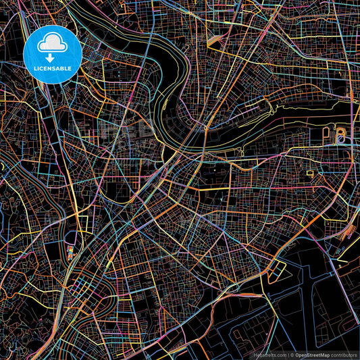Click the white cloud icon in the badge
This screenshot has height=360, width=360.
coord(52,44)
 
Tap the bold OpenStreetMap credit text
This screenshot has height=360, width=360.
coord(313,354)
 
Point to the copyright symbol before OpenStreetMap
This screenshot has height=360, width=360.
coord(292,354)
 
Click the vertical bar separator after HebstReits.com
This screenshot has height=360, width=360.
coord(288,354)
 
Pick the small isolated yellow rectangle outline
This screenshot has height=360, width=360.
coord(310,174)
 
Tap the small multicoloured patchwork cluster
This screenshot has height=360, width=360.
coord(70,253)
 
